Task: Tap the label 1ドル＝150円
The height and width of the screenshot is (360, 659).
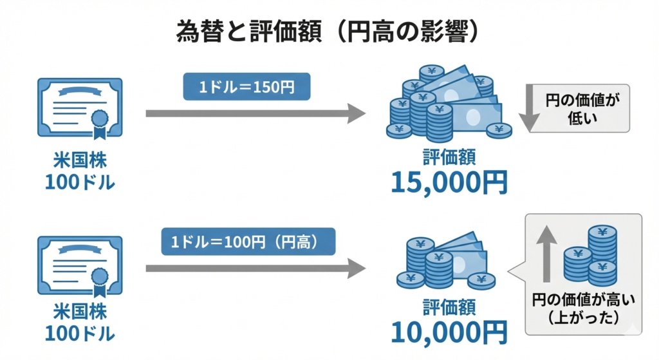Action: (246, 87)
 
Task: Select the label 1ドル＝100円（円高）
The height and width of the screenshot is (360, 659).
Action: (248, 242)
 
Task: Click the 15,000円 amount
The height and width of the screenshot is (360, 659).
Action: (449, 183)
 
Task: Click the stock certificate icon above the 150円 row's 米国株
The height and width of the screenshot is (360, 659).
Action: (80, 109)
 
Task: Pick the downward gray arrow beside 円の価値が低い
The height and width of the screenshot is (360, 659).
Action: (532, 108)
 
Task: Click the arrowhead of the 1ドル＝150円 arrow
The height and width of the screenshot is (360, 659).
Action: (356, 113)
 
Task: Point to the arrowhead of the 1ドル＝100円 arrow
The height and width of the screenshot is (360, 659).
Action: (356, 267)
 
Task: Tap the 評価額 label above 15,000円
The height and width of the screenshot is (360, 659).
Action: (449, 156)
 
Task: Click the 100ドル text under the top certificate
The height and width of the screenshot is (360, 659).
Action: (80, 182)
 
